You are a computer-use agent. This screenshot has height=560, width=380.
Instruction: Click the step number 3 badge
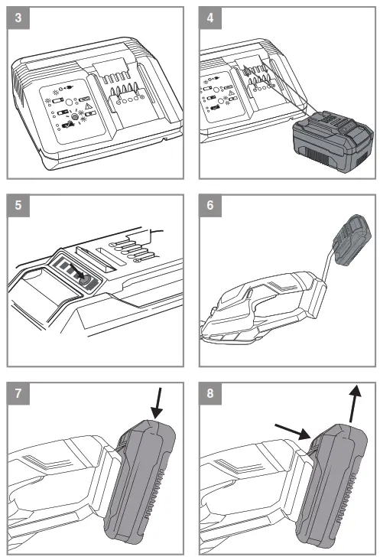coord(18,18)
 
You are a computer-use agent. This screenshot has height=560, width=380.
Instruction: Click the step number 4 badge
coord(210,18)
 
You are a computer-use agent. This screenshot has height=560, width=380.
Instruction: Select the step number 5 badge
coord(18,206)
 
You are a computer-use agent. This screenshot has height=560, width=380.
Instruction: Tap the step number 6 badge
coord(210,206)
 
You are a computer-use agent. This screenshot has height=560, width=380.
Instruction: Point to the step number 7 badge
coord(18,393)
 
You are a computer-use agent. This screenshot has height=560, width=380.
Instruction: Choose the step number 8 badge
coord(210,393)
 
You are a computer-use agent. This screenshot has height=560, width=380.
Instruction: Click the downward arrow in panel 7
coord(158,404)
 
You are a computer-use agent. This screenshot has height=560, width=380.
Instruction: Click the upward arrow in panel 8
coord(354,404)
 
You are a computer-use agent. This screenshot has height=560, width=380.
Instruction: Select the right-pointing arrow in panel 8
coord(293,431)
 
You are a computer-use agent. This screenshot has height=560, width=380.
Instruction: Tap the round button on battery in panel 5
coord(84,280)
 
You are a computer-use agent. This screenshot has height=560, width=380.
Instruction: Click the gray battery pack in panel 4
coord(333,142)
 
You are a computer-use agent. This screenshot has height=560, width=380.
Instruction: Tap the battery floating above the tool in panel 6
coord(352,239)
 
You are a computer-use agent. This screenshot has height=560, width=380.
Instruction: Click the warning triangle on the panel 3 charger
coord(87,106)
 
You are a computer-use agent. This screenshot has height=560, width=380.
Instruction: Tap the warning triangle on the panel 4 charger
coord(231,93)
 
